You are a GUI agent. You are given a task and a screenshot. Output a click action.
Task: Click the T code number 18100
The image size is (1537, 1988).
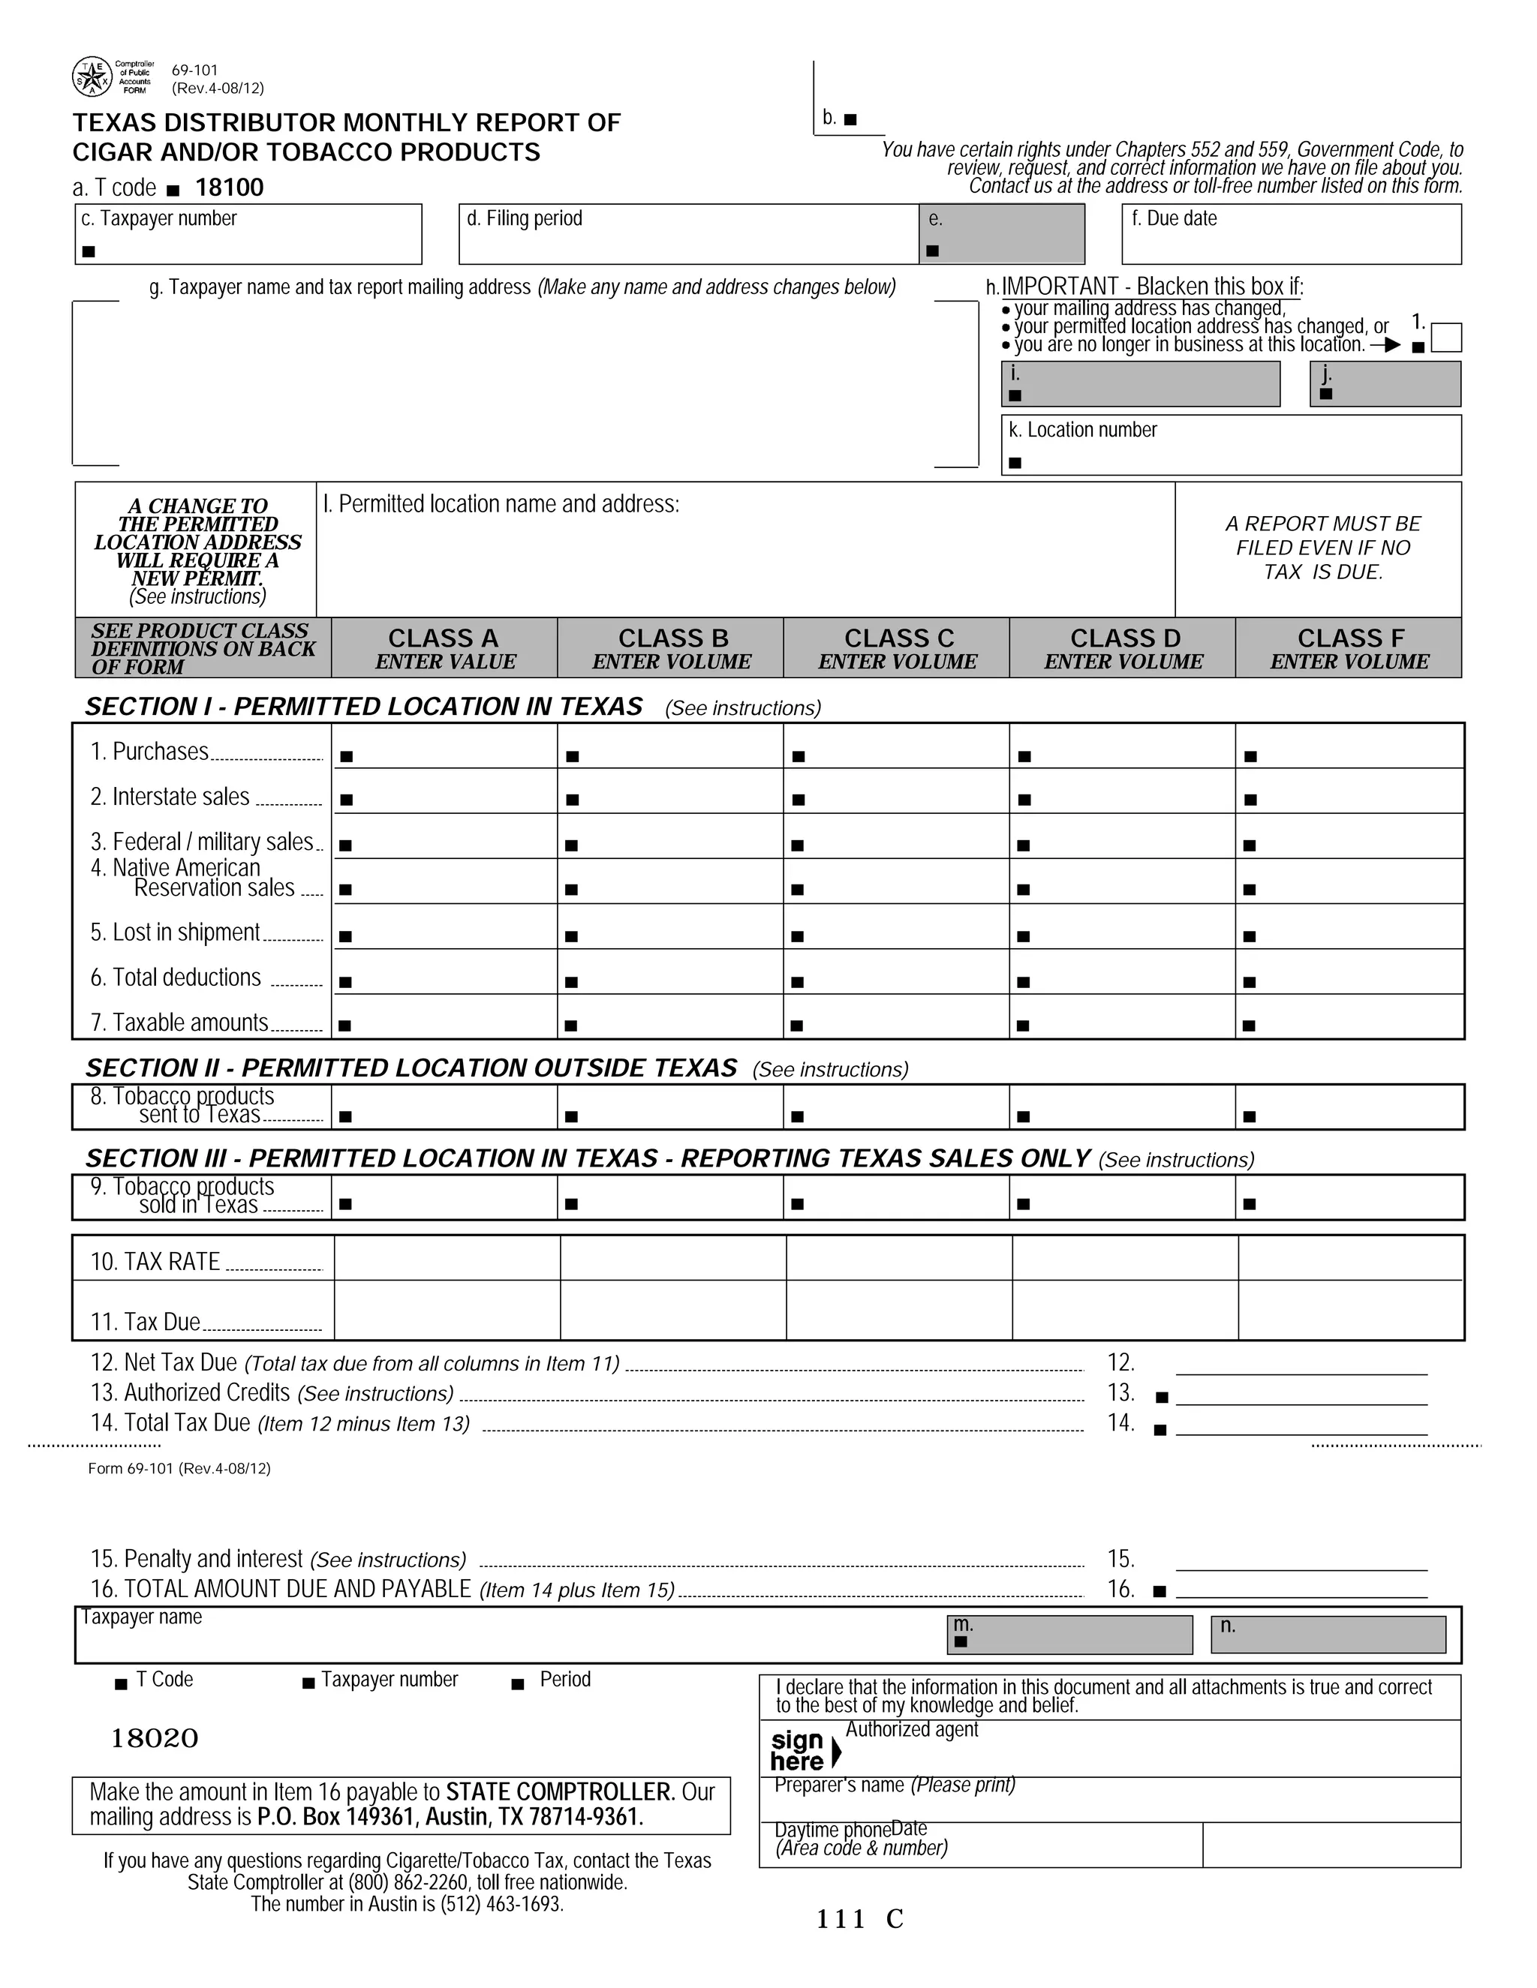[x=230, y=188]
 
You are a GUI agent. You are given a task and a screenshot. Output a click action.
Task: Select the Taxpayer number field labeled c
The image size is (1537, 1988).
[x=248, y=235]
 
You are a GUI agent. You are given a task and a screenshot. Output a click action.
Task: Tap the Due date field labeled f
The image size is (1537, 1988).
[x=1290, y=235]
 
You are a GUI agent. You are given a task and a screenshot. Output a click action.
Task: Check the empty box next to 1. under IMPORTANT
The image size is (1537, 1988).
[x=1446, y=338]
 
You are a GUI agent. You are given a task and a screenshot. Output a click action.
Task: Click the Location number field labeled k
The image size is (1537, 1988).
[x=1230, y=445]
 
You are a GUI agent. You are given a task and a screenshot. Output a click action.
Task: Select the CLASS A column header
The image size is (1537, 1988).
[x=444, y=648]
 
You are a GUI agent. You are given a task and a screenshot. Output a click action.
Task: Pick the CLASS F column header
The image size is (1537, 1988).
[x=1349, y=648]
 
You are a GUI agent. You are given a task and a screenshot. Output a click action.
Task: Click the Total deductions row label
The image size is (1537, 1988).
[x=176, y=977]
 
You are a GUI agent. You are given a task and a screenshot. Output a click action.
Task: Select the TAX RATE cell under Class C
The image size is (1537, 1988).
[x=898, y=1258]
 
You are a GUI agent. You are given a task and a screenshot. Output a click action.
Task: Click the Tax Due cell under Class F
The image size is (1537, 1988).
[x=1349, y=1310]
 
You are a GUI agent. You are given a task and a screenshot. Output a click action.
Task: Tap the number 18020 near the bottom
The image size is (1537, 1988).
[x=155, y=1739]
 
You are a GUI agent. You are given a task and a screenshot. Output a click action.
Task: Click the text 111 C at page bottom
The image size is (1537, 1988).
[x=859, y=1919]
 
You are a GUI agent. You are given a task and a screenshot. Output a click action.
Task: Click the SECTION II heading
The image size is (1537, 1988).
[x=411, y=1068]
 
